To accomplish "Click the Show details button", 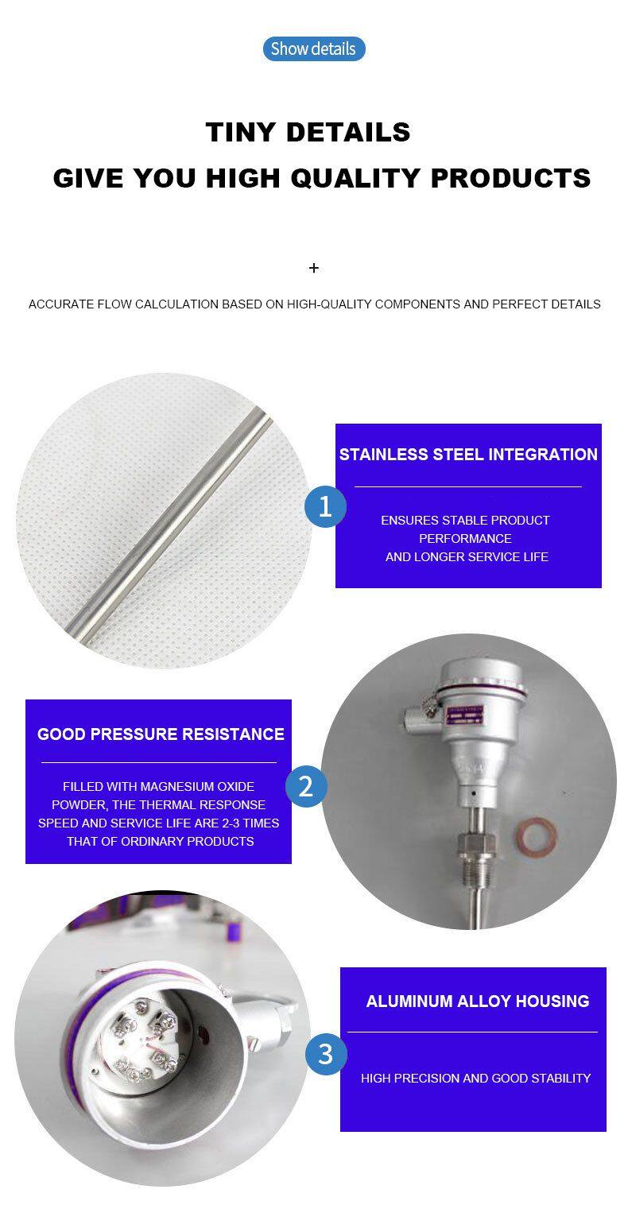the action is pos(314,49).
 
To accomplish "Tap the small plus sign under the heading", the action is pos(314,268).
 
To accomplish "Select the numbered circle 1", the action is pos(325,506).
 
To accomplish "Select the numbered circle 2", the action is pos(306,786).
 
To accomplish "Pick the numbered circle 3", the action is pos(326,1054).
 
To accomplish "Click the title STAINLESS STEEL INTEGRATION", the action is pos(468,455).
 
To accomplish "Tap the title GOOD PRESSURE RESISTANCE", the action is pos(161,734).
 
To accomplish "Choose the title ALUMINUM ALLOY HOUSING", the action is pos(477,1001).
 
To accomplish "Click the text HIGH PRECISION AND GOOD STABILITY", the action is pos(475,1079).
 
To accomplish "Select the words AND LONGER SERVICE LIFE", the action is pos(467,557).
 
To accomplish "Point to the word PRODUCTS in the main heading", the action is pos(511,178).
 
